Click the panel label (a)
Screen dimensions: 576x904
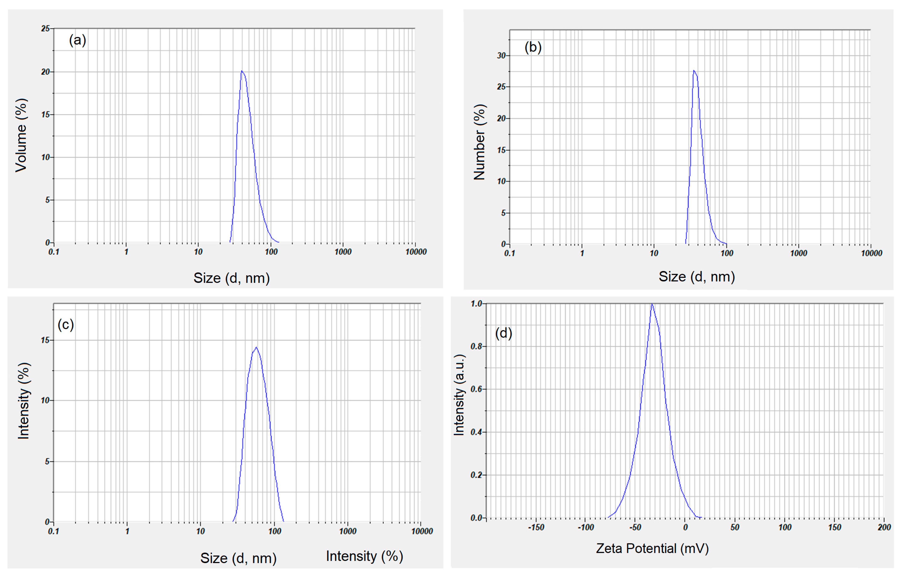pos(77,40)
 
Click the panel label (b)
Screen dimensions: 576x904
pos(533,47)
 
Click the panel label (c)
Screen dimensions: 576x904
pos(66,324)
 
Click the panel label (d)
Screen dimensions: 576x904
pos(503,333)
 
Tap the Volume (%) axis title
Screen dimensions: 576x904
pos(21,135)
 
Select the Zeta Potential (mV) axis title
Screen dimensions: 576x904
pos(652,549)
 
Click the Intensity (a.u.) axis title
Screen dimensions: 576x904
pos(459,395)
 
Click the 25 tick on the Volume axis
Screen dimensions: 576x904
pos(46,29)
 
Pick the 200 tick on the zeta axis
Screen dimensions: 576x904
pos(884,527)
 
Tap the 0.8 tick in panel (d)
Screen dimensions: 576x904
pos(476,346)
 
